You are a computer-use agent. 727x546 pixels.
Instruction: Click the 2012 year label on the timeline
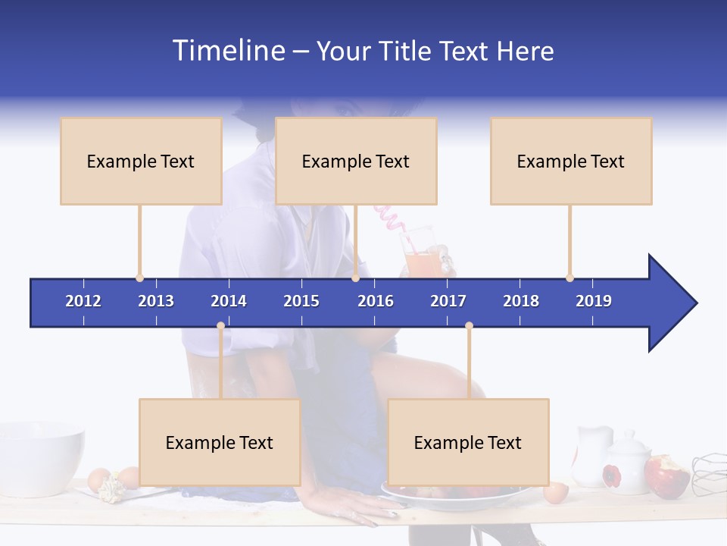[x=83, y=301]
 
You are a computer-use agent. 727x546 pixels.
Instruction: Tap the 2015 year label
[x=301, y=301]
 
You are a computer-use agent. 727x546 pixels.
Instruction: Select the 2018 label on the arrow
[x=521, y=301]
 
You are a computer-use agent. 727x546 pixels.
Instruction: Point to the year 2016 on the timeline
[x=376, y=301]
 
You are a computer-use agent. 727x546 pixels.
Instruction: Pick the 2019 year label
[x=594, y=301]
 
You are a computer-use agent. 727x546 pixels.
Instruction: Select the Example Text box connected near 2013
[x=141, y=161]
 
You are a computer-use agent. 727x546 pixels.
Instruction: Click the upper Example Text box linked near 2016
[x=356, y=161]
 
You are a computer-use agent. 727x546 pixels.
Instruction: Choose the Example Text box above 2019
[x=571, y=161]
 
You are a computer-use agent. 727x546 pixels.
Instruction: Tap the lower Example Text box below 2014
[x=220, y=442]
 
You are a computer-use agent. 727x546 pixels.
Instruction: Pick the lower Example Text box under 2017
[x=468, y=442]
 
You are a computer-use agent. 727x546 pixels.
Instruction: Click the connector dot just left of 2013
[x=139, y=278]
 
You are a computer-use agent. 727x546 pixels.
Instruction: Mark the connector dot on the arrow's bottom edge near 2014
[x=220, y=326]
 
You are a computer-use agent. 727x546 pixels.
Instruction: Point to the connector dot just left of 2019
[x=569, y=278]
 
